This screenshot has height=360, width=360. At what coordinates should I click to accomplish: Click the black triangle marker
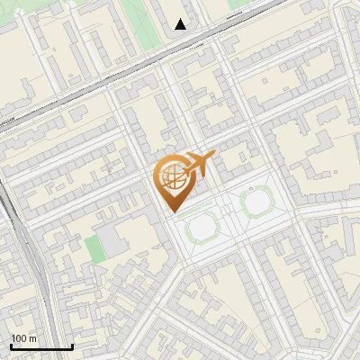tap(181, 24)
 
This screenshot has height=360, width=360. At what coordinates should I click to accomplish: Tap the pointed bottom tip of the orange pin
tap(173, 211)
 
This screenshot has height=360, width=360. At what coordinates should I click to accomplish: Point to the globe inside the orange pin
tap(171, 178)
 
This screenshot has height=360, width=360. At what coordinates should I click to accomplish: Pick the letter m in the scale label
tap(33, 338)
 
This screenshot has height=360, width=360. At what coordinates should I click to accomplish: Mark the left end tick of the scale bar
tap(11, 346)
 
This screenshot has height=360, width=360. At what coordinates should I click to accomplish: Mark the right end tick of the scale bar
tap(72, 346)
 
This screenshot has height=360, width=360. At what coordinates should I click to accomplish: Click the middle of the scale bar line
tap(41, 347)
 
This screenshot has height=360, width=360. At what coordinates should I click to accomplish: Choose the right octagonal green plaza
tap(257, 202)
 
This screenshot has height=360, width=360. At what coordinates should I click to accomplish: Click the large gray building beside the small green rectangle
tap(114, 238)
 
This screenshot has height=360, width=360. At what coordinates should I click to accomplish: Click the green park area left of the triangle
tap(135, 18)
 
